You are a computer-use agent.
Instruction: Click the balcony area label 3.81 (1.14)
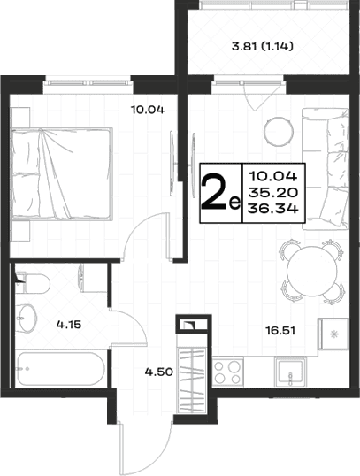tap(262, 47)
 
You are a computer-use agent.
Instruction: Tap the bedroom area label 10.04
tap(148, 110)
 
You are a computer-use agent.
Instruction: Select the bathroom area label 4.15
tap(69, 325)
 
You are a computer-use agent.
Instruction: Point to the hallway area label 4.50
tap(158, 372)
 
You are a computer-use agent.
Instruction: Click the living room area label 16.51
tap(280, 330)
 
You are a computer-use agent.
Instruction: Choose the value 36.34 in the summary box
tap(272, 209)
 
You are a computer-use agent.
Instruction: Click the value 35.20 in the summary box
tap(272, 192)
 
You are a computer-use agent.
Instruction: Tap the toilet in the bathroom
tap(33, 283)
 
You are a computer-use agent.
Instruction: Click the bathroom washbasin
tap(27, 319)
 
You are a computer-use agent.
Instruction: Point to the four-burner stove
tap(227, 372)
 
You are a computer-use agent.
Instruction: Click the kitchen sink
tap(289, 372)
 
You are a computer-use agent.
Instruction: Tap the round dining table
tap(311, 271)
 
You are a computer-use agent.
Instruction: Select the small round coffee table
tap(279, 132)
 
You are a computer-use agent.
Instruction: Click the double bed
tap(62, 173)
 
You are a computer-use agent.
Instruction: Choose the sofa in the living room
tap(325, 169)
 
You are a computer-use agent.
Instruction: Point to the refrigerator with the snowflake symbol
tap(333, 334)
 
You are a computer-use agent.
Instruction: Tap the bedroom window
tap(88, 82)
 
